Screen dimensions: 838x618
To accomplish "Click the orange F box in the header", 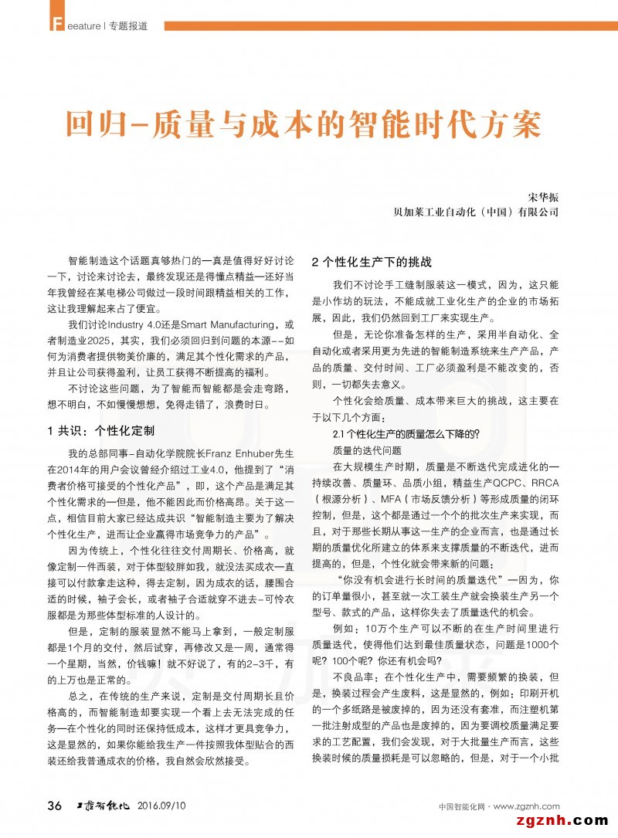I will tap(54, 25).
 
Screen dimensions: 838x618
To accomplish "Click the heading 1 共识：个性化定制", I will tap(100, 429).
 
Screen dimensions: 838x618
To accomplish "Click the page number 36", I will tap(55, 806).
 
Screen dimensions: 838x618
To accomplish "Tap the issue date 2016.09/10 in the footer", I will tap(161, 806).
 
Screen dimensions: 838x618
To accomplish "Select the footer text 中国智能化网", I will tap(460, 807).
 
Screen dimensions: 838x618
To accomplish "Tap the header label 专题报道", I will tap(126, 25).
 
